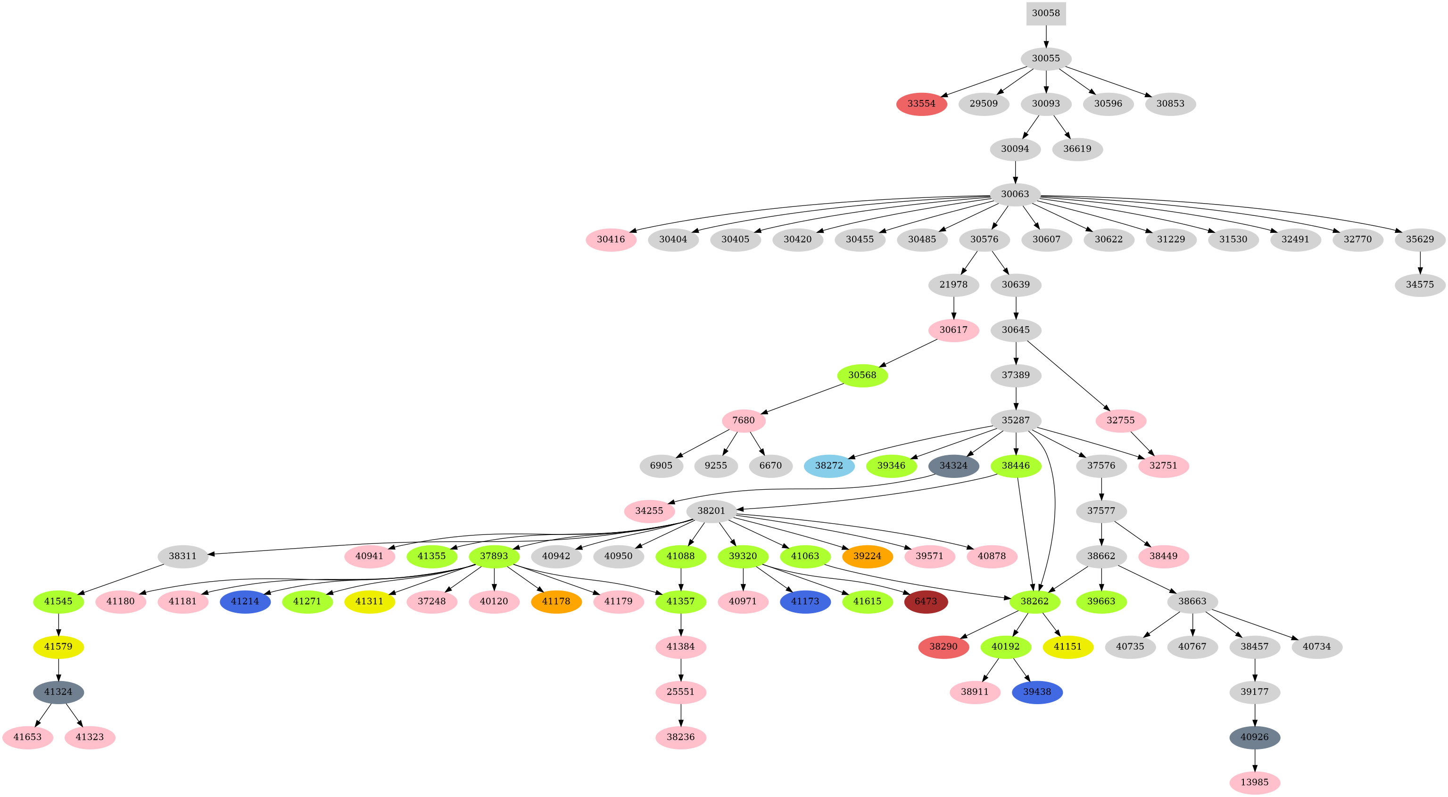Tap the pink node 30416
pyautogui.click(x=611, y=239)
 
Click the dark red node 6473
pyautogui.click(x=926, y=601)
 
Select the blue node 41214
pyautogui.click(x=245, y=601)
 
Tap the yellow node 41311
pyautogui.click(x=369, y=601)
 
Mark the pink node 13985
pyautogui.click(x=1255, y=782)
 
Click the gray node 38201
pyautogui.click(x=711, y=511)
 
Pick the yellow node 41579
pyautogui.click(x=58, y=647)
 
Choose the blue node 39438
pyautogui.click(x=1037, y=692)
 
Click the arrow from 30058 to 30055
pyautogui.click(x=1045, y=36)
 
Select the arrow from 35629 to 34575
pyautogui.click(x=1421, y=262)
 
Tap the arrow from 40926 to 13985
pyautogui.click(x=1255, y=759)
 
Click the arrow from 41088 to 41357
pyautogui.click(x=681, y=579)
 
